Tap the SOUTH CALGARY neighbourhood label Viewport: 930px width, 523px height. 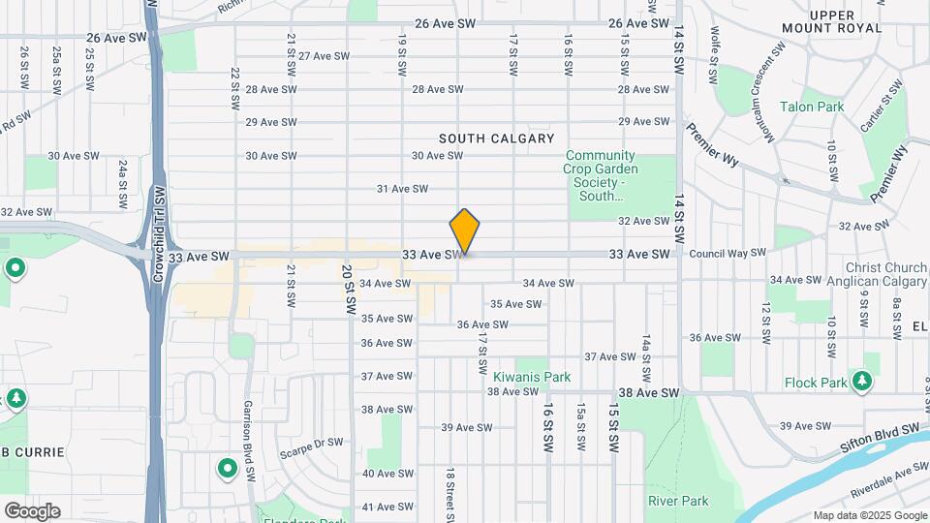click(496, 138)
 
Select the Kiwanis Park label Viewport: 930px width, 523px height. click(532, 376)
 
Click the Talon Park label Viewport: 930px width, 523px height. click(812, 107)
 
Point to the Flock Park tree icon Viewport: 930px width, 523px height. click(860, 380)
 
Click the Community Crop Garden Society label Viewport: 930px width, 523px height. click(601, 175)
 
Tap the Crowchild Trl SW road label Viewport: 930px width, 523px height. click(160, 235)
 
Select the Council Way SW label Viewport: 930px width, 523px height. click(727, 253)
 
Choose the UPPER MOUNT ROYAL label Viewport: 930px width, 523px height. click(846, 21)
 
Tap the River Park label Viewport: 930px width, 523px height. click(678, 501)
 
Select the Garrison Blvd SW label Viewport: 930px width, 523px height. click(249, 430)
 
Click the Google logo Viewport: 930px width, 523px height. click(32, 510)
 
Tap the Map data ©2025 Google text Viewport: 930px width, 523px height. click(869, 515)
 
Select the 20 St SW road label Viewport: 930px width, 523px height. click(348, 291)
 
